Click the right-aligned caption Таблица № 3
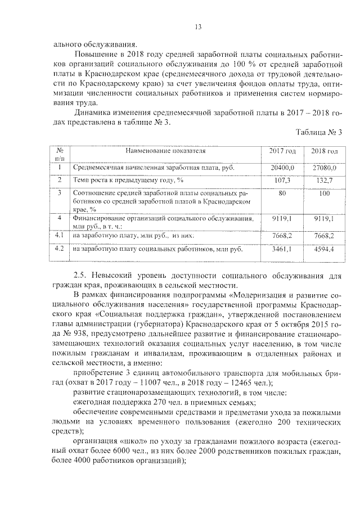click(318, 132)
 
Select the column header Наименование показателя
click(165, 151)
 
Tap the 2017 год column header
click(282, 152)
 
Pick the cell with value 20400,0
click(282, 168)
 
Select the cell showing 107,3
click(282, 181)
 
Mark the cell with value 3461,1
click(282, 249)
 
